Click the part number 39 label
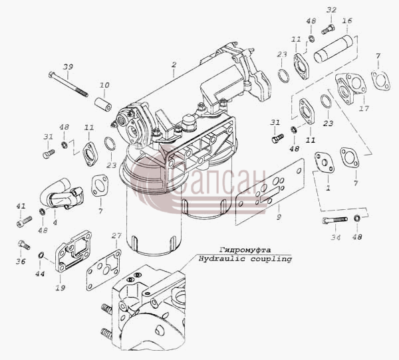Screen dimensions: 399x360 coord(68,66)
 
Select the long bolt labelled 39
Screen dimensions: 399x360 coord(68,84)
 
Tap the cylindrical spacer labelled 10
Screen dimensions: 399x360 coord(103,104)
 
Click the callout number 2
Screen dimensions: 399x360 coord(174,64)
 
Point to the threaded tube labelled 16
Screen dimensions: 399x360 coord(333,49)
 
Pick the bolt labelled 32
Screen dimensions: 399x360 coord(328,29)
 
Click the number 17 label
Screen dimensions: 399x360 coord(364,108)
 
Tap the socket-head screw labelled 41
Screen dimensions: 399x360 coord(24,222)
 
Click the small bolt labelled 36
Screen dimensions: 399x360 coord(24,244)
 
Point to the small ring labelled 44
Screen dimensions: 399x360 coord(41,254)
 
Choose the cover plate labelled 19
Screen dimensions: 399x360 coord(73,251)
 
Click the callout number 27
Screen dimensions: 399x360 coord(116,236)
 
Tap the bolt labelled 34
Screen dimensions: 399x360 coord(334,220)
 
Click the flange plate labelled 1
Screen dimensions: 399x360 coord(325,163)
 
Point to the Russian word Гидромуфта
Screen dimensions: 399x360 coord(245,250)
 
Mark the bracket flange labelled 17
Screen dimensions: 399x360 coord(350,88)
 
